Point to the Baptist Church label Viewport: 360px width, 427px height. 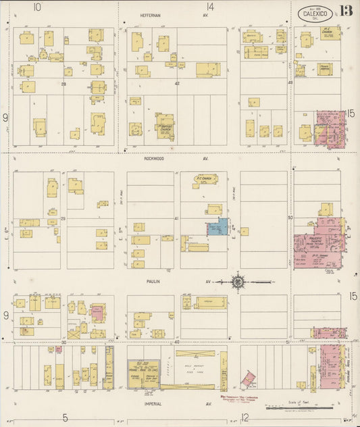pyautogui.click(x=164, y=128)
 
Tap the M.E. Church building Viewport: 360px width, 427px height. pyautogui.click(x=330, y=32)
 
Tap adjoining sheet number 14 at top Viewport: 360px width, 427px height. pyautogui.click(x=210, y=7)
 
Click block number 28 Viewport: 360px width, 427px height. pyautogui.click(x=64, y=84)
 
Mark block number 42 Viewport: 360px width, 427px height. pyautogui.click(x=178, y=84)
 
